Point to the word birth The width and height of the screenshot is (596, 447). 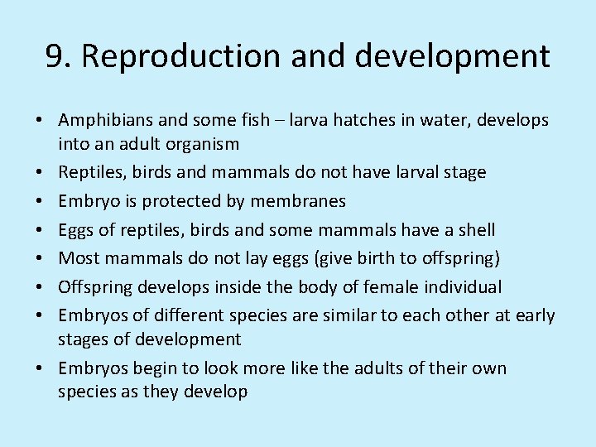369,258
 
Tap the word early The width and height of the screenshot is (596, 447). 536,315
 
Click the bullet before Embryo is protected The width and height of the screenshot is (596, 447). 40,201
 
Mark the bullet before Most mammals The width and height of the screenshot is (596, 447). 40,258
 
